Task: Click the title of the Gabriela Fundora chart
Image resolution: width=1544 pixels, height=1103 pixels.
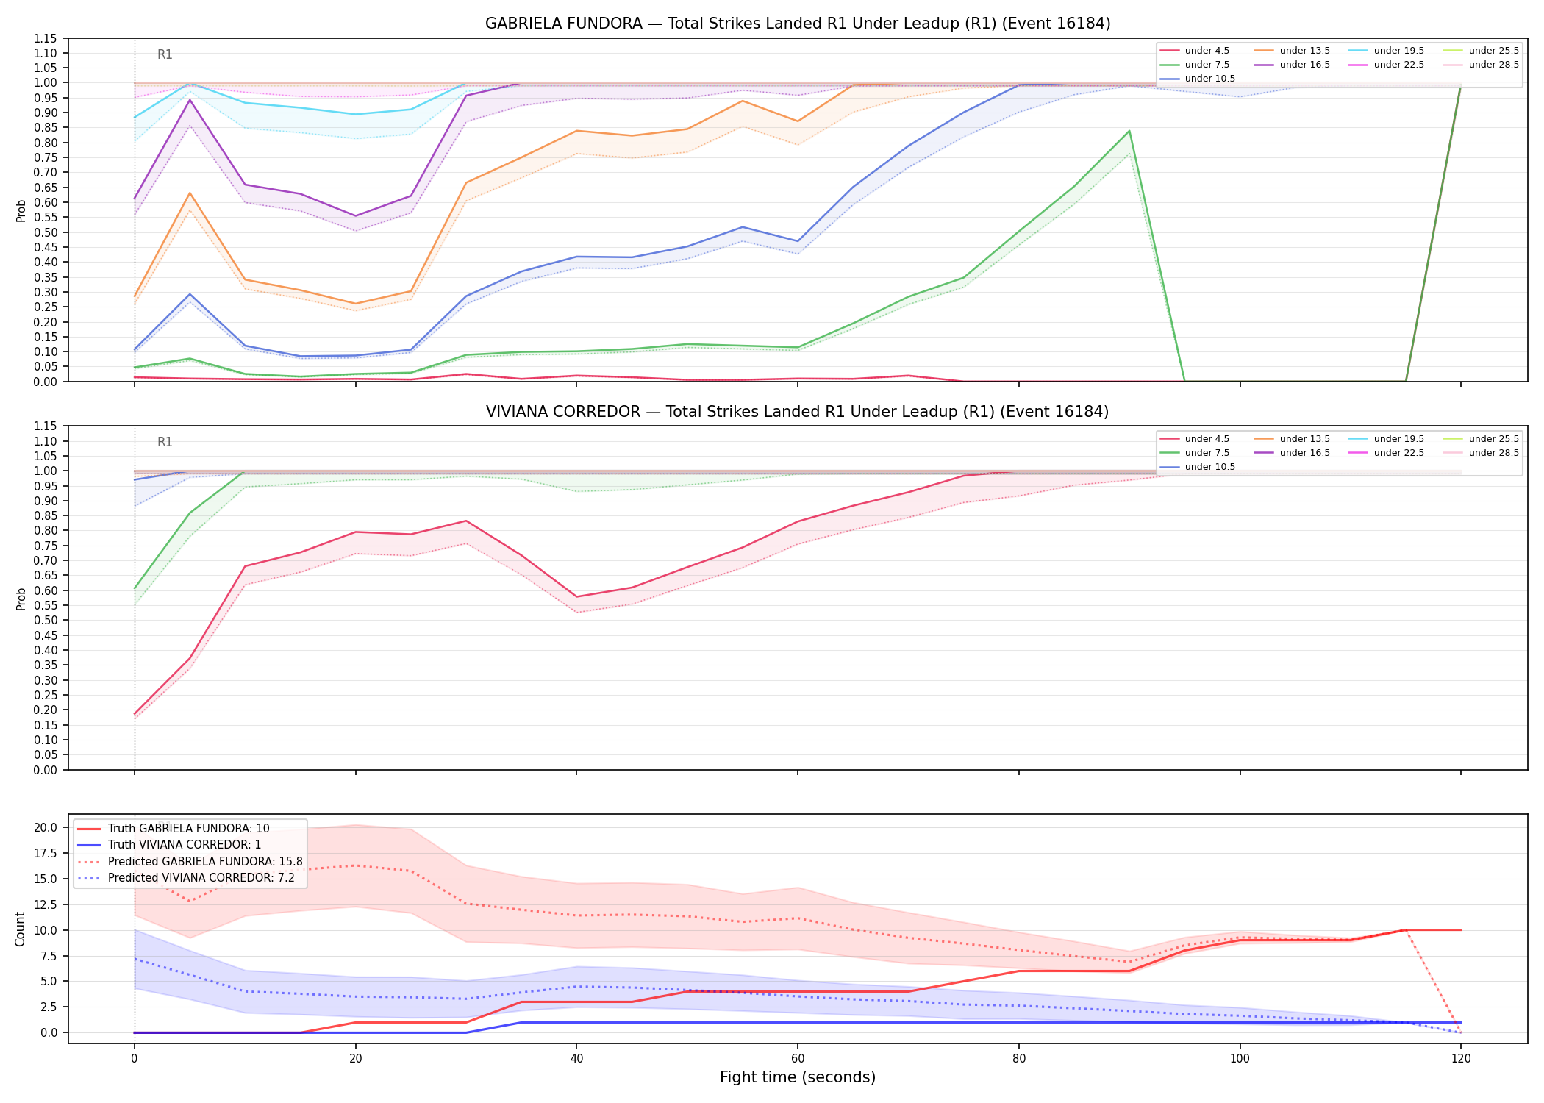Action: pyautogui.click(x=798, y=24)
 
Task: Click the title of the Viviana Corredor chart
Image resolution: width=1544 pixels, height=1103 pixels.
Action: pyautogui.click(x=798, y=412)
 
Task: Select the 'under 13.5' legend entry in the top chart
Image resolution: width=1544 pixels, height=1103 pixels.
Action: pyautogui.click(x=1292, y=51)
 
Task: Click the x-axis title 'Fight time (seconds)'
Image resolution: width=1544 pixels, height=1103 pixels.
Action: pyautogui.click(x=798, y=1077)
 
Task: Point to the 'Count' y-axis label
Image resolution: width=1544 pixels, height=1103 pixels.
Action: pyautogui.click(x=20, y=929)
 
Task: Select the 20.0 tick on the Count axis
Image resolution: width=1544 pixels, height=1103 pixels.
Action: pyautogui.click(x=47, y=827)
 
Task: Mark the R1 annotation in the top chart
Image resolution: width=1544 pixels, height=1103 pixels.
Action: pyautogui.click(x=165, y=54)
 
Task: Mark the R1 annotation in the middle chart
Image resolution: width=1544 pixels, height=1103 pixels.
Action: pyautogui.click(x=165, y=442)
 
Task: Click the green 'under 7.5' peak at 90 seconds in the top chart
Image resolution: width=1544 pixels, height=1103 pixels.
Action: pyautogui.click(x=1129, y=131)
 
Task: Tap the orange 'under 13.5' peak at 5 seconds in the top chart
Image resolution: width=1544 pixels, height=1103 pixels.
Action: pyautogui.click(x=190, y=193)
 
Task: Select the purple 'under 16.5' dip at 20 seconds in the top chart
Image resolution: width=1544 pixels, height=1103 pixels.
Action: pyautogui.click(x=356, y=216)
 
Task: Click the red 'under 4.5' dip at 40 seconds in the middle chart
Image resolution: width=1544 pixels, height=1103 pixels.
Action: pyautogui.click(x=577, y=596)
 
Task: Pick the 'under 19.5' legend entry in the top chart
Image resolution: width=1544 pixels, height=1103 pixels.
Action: pyautogui.click(x=1386, y=51)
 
